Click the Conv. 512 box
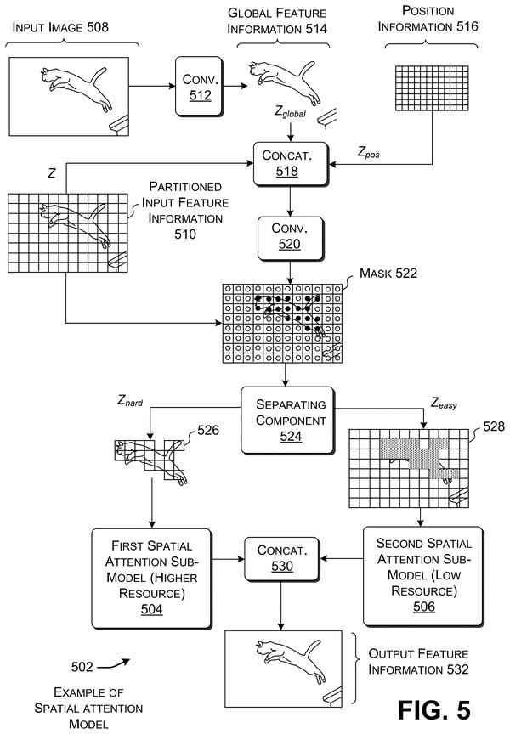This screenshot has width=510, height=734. tap(200, 87)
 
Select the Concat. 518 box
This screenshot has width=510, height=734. tap(291, 164)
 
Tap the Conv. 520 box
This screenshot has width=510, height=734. tap(291, 239)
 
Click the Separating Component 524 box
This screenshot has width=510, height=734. tap(287, 421)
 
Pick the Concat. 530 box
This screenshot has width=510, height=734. tap(282, 559)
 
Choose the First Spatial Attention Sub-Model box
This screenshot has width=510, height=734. tap(152, 579)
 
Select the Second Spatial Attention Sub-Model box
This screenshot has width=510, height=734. tap(423, 576)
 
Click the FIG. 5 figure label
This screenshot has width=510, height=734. tap(433, 710)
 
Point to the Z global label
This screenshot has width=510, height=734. tap(291, 112)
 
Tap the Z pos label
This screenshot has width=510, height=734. tap(369, 152)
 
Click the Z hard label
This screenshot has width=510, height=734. tap(130, 401)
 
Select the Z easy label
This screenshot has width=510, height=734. tap(444, 403)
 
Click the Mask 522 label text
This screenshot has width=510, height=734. tap(388, 274)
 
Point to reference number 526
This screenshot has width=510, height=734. tap(208, 430)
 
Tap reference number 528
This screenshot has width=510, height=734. tap(494, 426)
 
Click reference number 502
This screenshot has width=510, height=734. tap(82, 667)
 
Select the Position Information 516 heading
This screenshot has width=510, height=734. tap(428, 19)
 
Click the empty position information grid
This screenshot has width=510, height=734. tap(432, 88)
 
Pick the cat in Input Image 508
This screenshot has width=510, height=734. tap(76, 89)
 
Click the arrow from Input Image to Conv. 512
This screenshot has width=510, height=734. tap(152, 86)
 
